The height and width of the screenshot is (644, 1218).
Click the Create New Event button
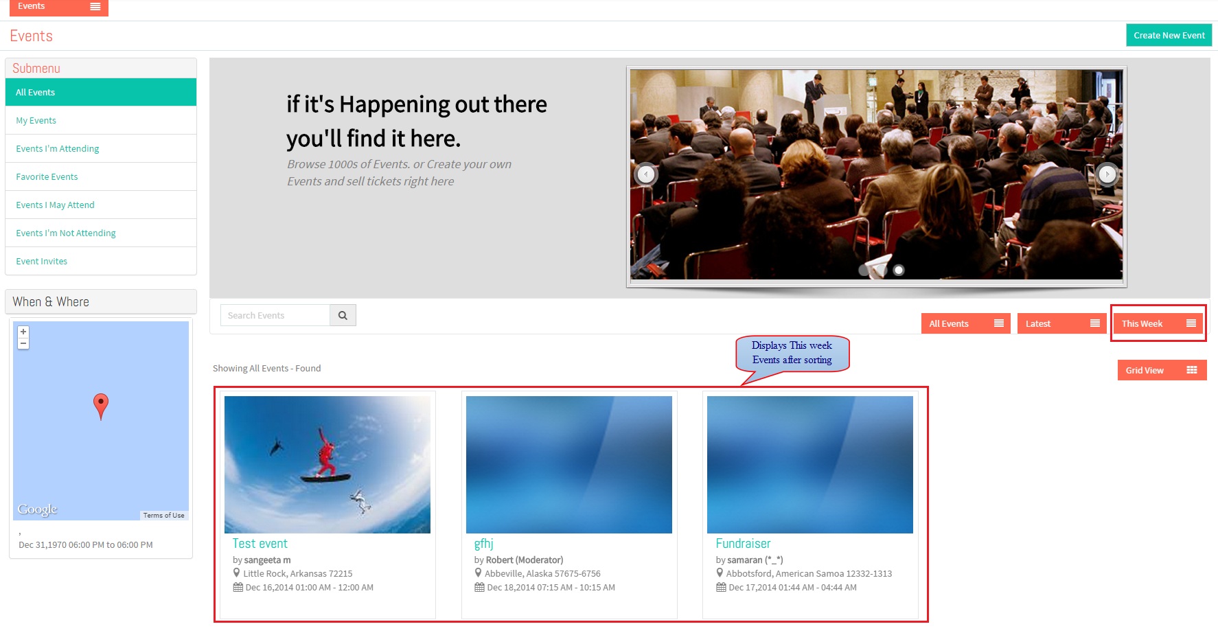pyautogui.click(x=1169, y=36)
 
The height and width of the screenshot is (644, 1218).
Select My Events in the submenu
pyautogui.click(x=36, y=121)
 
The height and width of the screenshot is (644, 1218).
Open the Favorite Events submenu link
pyautogui.click(x=47, y=177)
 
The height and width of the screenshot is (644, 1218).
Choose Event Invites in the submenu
pyautogui.click(x=42, y=262)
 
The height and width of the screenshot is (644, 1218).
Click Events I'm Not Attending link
pyautogui.click(x=66, y=233)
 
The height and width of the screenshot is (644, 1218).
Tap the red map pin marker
pyautogui.click(x=101, y=406)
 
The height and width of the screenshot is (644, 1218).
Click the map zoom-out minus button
pyautogui.click(x=23, y=343)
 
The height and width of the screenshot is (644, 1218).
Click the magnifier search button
pyautogui.click(x=343, y=316)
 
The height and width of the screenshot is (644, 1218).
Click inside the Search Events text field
pyautogui.click(x=275, y=316)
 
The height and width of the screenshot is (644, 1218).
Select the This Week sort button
pyautogui.click(x=1158, y=324)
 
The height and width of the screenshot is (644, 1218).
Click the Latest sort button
pyautogui.click(x=1061, y=324)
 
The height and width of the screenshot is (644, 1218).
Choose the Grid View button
pyautogui.click(x=1162, y=371)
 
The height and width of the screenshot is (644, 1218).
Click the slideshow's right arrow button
pyautogui.click(x=1107, y=174)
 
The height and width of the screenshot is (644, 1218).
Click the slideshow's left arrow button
pyautogui.click(x=646, y=174)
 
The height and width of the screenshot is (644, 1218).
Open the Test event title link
pyautogui.click(x=260, y=544)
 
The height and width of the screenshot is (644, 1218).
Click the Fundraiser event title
pyautogui.click(x=743, y=544)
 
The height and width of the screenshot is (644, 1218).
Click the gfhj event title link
pyautogui.click(x=483, y=544)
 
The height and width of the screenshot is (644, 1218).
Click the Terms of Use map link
pyautogui.click(x=163, y=516)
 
